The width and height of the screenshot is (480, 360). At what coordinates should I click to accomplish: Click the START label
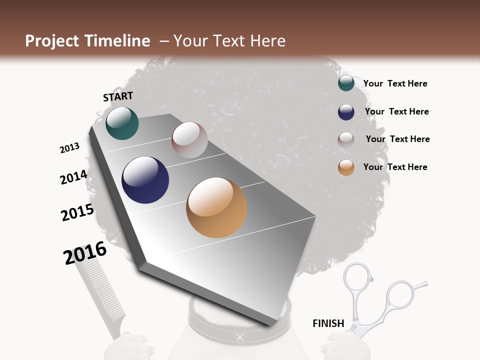pos(118,96)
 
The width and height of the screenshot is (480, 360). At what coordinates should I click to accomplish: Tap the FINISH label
pos(328,323)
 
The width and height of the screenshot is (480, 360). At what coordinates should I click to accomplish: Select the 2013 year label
pos(69,148)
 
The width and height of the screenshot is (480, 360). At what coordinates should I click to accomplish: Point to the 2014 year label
pos(73,177)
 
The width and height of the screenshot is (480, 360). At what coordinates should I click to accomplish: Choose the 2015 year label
pos(77,212)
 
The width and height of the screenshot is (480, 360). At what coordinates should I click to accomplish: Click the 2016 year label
pos(85,253)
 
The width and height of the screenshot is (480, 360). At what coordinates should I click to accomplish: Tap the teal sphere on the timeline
pos(122,123)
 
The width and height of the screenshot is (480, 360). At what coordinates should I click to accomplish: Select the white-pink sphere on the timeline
pos(189,140)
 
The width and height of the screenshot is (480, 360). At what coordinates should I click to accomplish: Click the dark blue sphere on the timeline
pos(145,180)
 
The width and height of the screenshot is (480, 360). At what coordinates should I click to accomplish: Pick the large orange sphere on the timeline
pos(216,207)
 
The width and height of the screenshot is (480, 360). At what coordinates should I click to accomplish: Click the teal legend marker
pos(346,83)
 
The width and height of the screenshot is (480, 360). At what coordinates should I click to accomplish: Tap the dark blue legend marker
pos(346,112)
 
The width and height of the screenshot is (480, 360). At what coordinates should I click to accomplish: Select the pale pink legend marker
pos(346,139)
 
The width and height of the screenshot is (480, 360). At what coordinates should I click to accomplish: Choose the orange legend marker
pos(346,167)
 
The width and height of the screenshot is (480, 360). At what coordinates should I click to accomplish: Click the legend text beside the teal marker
pos(395,83)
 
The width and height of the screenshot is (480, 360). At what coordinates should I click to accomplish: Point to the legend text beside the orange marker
pos(395,167)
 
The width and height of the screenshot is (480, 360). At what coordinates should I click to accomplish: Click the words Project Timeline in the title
pos(87,41)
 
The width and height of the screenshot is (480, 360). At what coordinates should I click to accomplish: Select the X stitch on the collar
pos(240,337)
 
